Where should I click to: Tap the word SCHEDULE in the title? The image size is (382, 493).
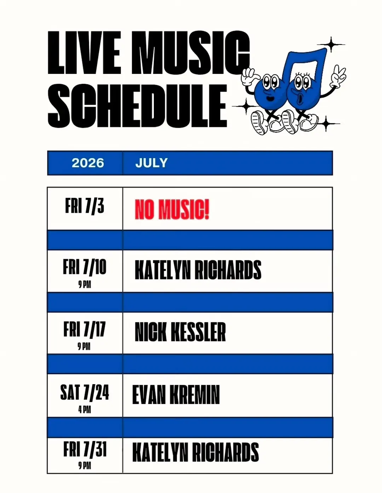pyautogui.click(x=137, y=106)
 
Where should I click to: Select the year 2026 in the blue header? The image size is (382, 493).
pyautogui.click(x=88, y=163)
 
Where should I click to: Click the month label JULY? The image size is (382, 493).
pyautogui.click(x=151, y=163)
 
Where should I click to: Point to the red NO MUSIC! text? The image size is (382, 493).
pyautogui.click(x=172, y=209)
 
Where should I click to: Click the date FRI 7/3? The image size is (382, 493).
pyautogui.click(x=85, y=205)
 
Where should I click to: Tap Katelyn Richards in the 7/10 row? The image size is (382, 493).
pyautogui.click(x=198, y=270)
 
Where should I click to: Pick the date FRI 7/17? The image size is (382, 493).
pyautogui.click(x=85, y=329)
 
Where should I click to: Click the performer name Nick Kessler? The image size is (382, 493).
pyautogui.click(x=180, y=332)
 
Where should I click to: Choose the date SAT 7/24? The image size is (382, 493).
pyautogui.click(x=85, y=392)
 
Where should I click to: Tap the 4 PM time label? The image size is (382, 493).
pyautogui.click(x=85, y=410)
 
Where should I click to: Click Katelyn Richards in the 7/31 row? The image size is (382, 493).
pyautogui.click(x=196, y=452)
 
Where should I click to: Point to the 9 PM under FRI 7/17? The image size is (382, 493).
pyautogui.click(x=84, y=346)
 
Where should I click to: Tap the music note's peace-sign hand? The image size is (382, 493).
pyautogui.click(x=338, y=77)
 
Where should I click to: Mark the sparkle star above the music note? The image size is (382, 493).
pyautogui.click(x=331, y=45)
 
